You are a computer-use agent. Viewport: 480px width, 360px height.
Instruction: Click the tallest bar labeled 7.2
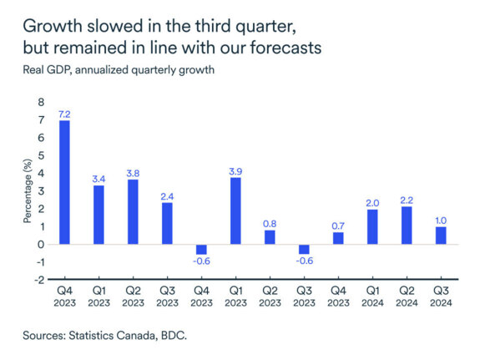[63, 182]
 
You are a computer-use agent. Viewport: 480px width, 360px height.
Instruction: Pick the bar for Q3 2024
[441, 236]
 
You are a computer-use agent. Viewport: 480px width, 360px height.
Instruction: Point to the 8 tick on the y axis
[39, 102]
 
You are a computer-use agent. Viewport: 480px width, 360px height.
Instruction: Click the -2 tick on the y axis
[38, 280]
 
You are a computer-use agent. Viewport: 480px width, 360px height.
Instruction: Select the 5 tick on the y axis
[39, 155]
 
